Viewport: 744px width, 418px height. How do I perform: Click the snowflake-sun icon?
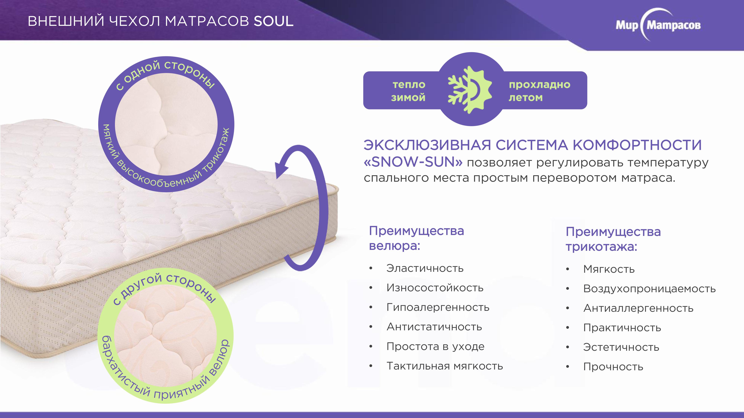470,90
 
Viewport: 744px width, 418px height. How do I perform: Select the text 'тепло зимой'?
408,91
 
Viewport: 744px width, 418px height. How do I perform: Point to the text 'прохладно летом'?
539,91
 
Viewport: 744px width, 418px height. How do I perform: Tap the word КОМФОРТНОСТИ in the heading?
637,145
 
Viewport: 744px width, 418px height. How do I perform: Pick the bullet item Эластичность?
425,268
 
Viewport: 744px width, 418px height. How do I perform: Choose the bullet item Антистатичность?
434,327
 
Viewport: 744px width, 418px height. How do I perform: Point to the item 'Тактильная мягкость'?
445,366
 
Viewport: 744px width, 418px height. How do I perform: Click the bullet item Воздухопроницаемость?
650,289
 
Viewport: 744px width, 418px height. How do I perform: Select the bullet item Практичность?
622,328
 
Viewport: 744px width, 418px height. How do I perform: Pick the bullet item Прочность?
613,367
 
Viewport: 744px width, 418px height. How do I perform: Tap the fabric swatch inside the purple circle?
166,124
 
